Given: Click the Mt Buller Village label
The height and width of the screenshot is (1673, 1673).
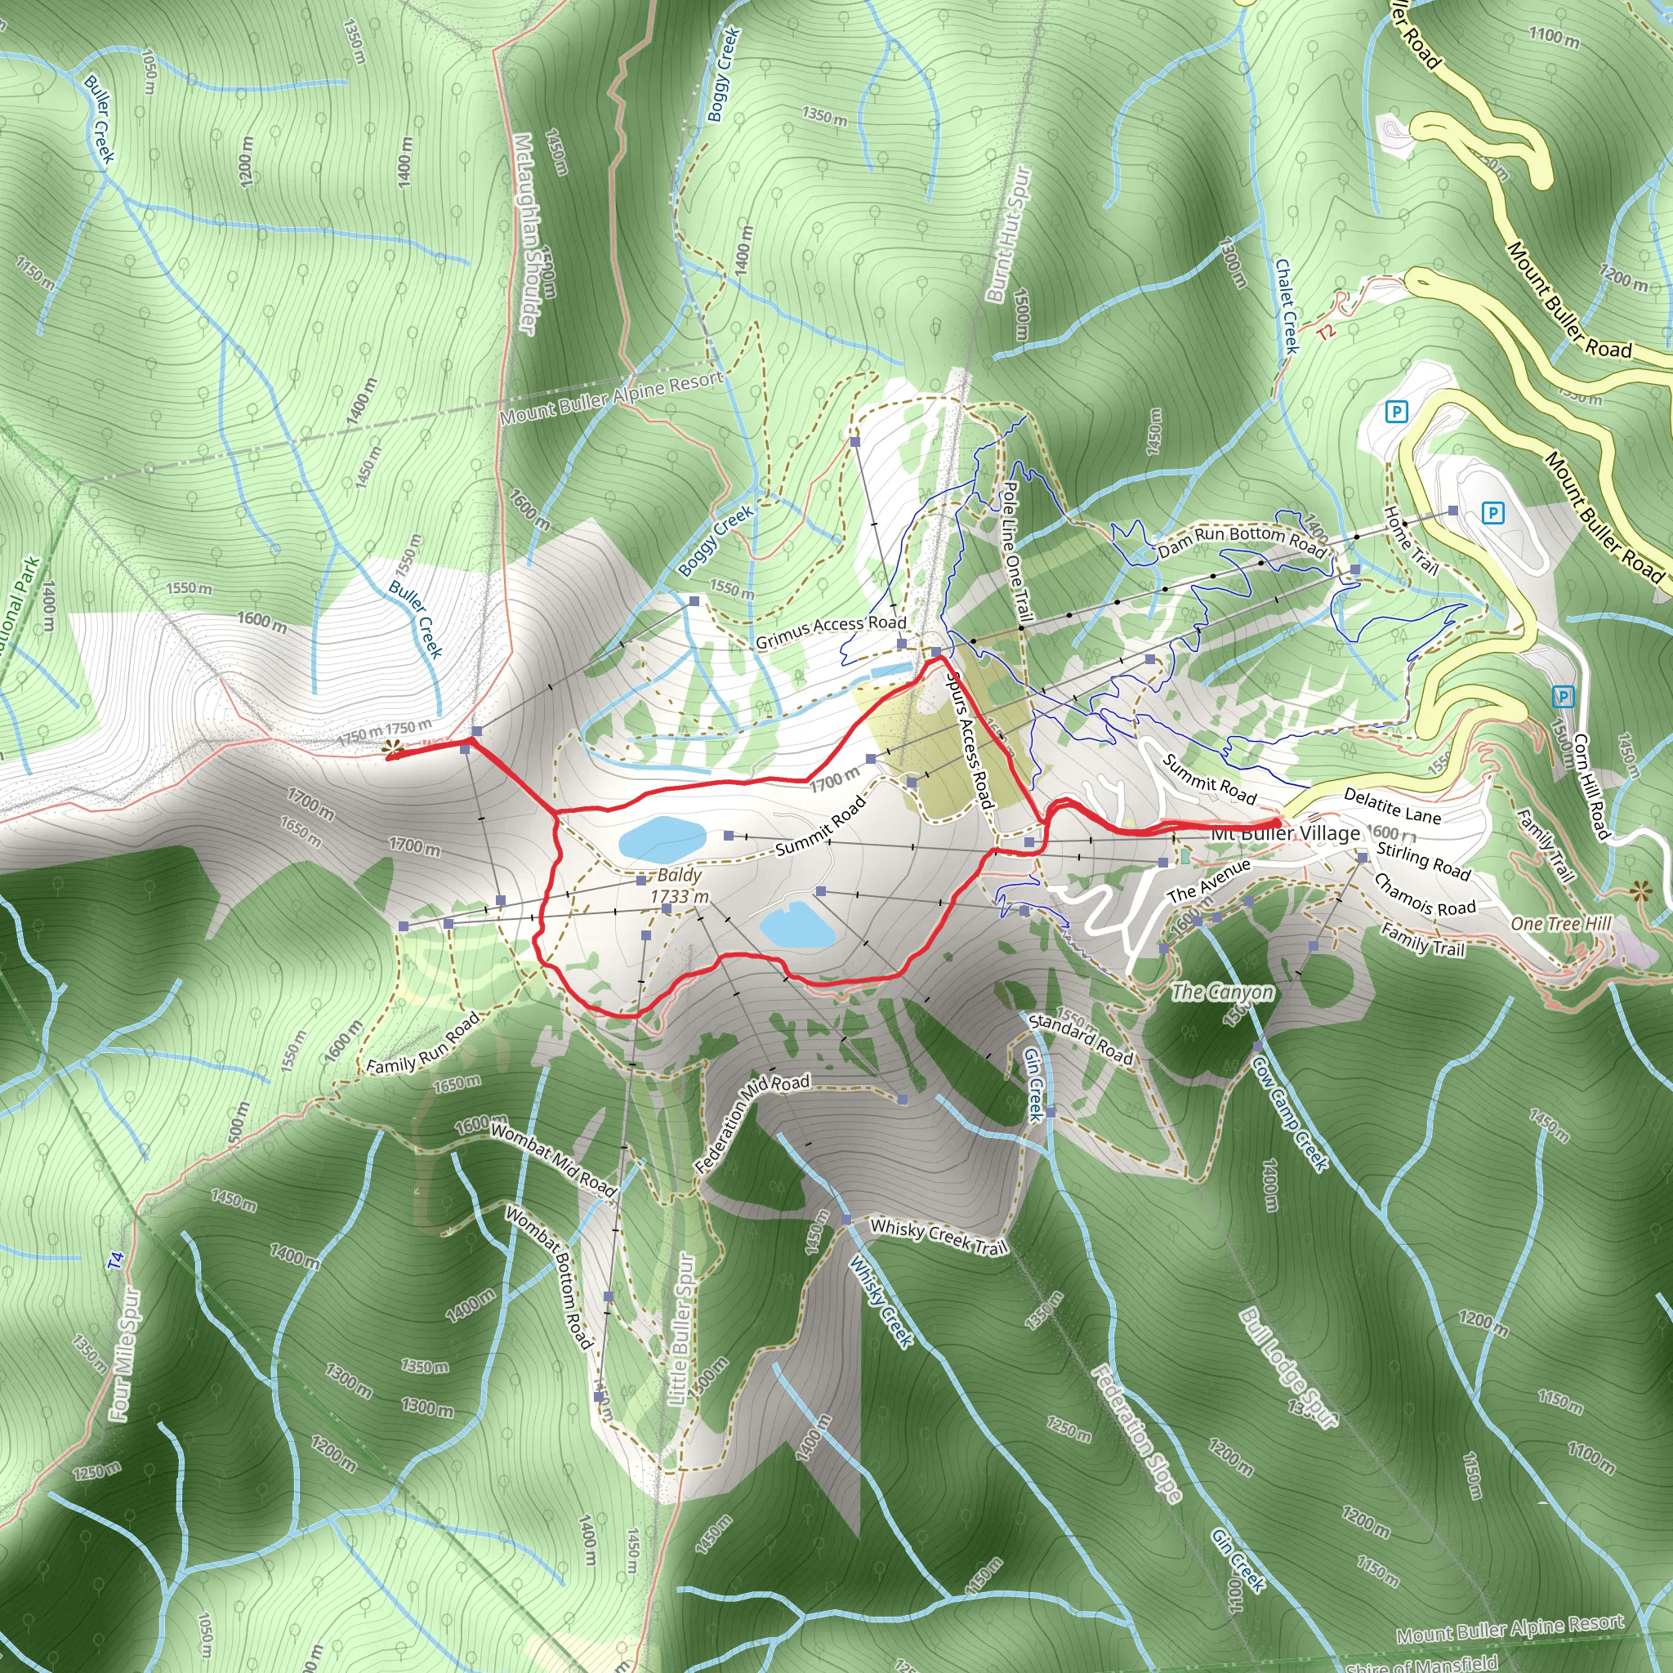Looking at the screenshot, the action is pos(1285,834).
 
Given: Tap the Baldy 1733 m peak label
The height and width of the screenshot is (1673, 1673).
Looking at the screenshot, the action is pos(680,886).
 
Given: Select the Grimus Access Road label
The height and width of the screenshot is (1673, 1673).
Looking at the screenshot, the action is pos(831,632).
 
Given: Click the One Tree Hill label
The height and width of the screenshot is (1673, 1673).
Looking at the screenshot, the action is pos(1560,924).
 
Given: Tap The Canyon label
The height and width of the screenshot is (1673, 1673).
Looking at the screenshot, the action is pos(1222,992).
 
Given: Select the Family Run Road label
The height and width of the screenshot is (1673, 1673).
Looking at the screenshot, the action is pos(422,1044).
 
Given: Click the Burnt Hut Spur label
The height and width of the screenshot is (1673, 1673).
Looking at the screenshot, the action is pos(1010,234).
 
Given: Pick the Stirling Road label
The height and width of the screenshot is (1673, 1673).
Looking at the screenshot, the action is pos(1423,862).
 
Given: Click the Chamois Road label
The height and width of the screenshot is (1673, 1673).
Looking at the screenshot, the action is pos(1425,895).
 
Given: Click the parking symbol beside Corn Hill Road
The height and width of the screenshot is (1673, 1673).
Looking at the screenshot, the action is pos(1562,696).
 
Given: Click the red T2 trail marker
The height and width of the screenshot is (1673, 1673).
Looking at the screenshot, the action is pos(1326,332).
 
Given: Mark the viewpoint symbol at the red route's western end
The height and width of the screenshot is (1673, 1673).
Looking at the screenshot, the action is pos(393,747).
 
